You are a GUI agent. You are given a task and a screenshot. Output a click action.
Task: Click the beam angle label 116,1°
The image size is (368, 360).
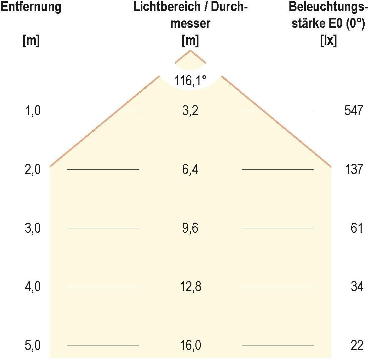point(190,81)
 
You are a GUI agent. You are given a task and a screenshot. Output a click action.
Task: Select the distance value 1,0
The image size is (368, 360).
point(33,110)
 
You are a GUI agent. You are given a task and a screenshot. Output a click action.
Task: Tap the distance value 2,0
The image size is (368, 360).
point(33,169)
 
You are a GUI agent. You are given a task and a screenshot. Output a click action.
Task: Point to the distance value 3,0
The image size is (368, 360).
point(33,228)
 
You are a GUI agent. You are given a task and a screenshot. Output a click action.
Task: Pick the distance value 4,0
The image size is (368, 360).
point(33,287)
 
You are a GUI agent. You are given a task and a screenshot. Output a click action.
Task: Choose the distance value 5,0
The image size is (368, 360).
point(33,346)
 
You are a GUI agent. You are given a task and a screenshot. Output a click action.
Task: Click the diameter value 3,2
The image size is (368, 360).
point(190,110)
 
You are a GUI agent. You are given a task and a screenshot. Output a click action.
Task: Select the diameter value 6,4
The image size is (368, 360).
point(190,169)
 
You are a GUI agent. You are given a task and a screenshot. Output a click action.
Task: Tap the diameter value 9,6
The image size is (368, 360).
point(190,228)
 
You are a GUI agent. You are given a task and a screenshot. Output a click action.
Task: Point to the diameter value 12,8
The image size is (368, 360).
point(190,287)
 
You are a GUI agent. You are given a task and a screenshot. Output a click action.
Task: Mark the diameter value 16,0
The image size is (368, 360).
point(190,346)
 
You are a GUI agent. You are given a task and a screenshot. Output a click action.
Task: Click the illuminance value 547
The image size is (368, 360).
point(354,110)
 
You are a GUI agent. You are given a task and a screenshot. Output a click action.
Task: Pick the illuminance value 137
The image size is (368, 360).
point(354,169)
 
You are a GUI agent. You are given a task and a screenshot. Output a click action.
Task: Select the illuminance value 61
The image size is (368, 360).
point(357,228)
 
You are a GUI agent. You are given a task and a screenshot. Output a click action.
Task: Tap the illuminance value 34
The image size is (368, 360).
point(357,287)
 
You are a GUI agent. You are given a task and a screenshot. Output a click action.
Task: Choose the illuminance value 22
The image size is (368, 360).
point(357,346)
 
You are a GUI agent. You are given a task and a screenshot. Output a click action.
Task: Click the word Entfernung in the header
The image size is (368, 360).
point(31,7)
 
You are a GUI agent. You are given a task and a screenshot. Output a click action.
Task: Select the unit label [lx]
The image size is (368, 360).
point(328,41)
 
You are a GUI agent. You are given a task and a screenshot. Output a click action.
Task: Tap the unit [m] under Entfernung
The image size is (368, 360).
point(31,41)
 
